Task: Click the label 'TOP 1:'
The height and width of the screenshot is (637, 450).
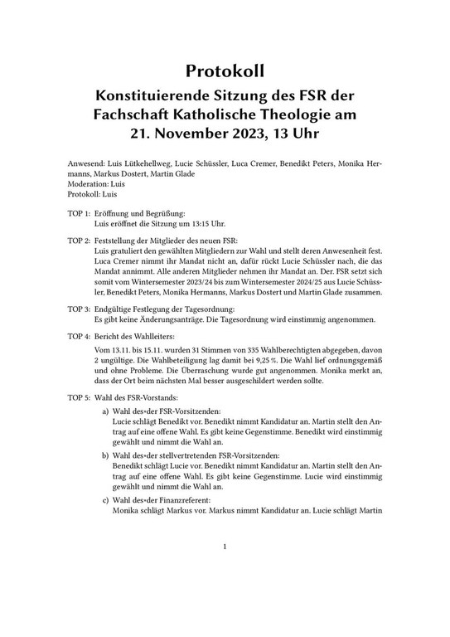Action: [x=78, y=214]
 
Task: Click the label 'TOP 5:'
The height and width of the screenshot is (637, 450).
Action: [x=78, y=398]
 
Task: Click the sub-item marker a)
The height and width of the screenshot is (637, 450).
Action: [x=105, y=412]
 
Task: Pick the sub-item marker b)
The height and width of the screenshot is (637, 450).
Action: [x=105, y=456]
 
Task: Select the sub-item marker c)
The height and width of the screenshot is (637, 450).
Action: [x=105, y=500]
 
